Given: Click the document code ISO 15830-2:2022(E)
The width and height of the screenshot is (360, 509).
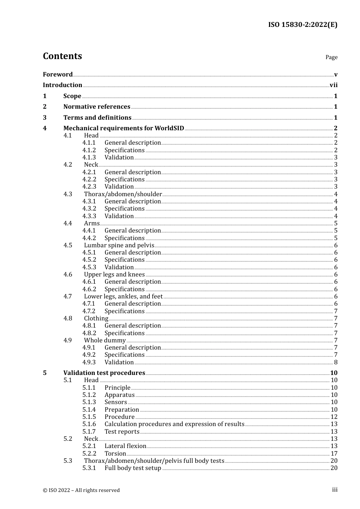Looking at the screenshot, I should tap(302, 25).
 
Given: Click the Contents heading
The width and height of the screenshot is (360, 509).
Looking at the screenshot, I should tap(62, 56).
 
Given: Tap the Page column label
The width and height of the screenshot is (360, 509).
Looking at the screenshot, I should tap(331, 57).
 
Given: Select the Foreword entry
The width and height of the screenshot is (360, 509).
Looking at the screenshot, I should tap(58, 75).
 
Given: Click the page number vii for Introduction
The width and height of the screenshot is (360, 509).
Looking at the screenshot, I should tap(333, 85).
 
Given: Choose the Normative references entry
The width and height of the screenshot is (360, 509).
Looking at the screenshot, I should tap(97, 107).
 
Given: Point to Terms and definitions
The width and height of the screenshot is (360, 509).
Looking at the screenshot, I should tap(97, 118).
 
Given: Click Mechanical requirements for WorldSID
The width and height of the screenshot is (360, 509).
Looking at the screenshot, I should tap(124, 128).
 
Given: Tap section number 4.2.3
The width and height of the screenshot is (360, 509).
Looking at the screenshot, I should tap(89, 187).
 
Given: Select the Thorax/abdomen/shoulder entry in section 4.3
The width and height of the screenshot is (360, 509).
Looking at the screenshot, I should tap(123, 194).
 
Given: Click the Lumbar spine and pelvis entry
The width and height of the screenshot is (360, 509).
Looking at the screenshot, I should tap(119, 245).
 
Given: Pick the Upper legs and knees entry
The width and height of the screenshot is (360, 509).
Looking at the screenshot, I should tap(114, 275).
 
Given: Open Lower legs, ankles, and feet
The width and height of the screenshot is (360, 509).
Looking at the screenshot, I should tap(123, 297).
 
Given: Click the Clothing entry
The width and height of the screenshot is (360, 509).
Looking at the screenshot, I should tap(96, 319).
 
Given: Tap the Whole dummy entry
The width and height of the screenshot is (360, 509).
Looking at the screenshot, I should tap(105, 340).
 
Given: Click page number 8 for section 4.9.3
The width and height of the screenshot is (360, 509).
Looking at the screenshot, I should tap(335, 362).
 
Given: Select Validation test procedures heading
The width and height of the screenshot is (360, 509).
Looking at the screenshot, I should tap(104, 373).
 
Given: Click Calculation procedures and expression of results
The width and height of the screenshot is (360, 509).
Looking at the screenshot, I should tap(174, 424).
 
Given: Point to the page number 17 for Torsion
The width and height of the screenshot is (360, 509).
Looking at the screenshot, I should tap(334, 454).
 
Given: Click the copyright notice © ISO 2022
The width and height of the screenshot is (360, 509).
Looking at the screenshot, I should tap(81, 490).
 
